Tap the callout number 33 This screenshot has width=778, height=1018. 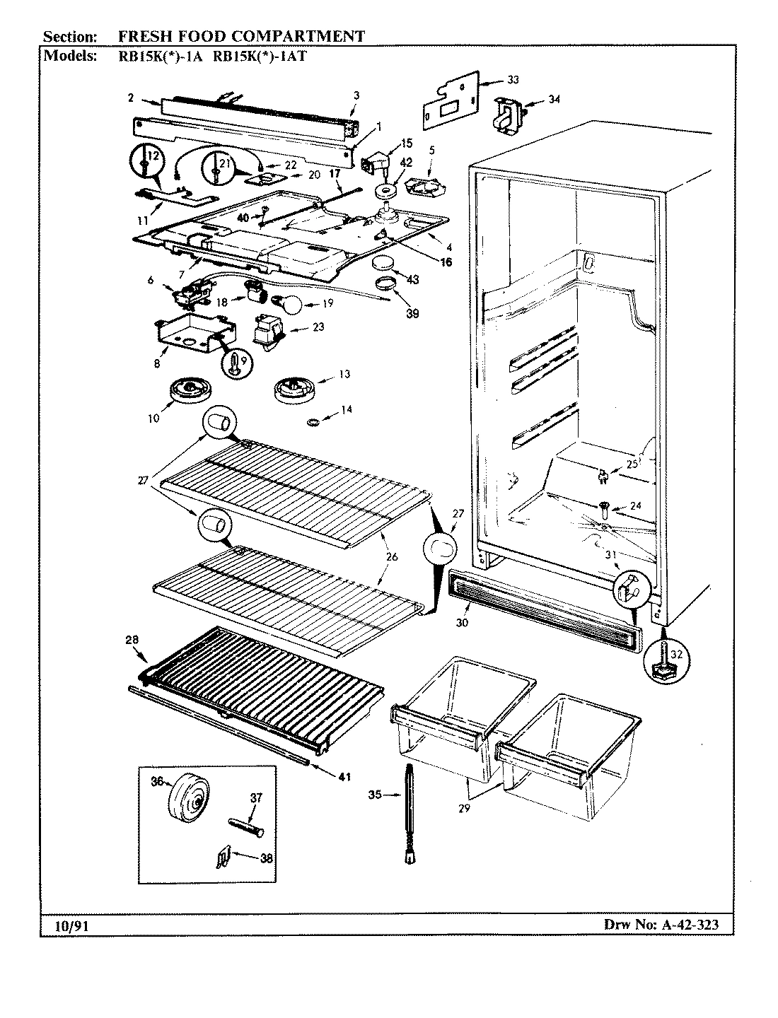pyautogui.click(x=513, y=81)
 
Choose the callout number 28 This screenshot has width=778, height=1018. pyautogui.click(x=131, y=640)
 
